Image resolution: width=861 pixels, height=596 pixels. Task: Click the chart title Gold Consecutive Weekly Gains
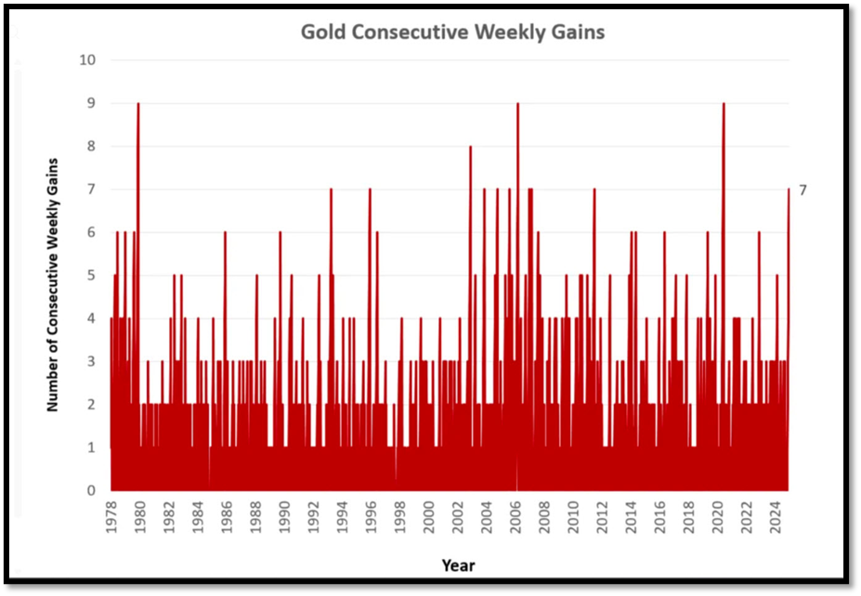coord(452,32)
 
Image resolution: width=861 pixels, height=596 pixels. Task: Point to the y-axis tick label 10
coord(88,60)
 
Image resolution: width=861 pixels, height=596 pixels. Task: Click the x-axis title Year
coord(458,564)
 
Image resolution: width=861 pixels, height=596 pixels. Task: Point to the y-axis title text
coord(53,285)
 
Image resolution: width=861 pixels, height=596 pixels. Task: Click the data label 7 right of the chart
coord(803,190)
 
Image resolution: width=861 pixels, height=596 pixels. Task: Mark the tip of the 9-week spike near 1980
coord(138,104)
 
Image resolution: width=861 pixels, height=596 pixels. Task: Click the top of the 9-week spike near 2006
coord(517,104)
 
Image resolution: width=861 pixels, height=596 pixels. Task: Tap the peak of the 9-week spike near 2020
coord(724,104)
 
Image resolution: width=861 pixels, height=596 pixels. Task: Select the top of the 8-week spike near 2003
coord(470,147)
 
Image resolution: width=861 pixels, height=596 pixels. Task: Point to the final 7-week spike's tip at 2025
coord(789,190)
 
